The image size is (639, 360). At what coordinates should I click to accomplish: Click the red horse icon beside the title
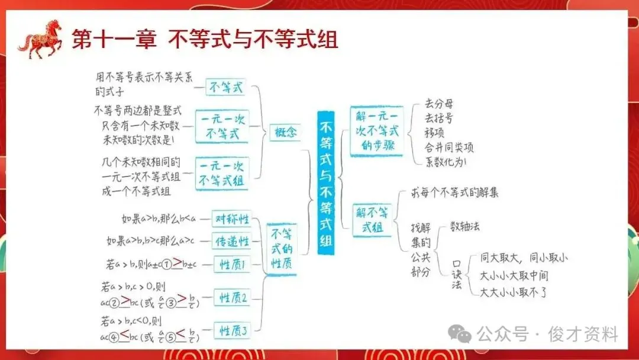point(40,40)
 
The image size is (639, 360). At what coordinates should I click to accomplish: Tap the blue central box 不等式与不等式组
point(326,184)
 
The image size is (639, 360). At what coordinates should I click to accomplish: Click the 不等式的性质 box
point(282,248)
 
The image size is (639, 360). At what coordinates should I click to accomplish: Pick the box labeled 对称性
point(230,219)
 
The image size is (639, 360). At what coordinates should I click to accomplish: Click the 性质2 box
point(233,297)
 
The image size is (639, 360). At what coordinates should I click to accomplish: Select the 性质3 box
point(233,331)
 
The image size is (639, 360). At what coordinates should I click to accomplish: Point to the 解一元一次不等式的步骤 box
point(376,131)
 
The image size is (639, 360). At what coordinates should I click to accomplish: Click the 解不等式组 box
point(373,220)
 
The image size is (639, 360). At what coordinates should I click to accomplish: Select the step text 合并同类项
point(449,147)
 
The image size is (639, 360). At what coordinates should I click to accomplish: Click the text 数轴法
point(465,226)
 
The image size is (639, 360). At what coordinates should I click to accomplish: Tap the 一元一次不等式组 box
point(221,173)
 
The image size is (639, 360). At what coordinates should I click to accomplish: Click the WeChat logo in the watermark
point(460,334)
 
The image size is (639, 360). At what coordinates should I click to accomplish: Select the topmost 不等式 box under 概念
point(225,88)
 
